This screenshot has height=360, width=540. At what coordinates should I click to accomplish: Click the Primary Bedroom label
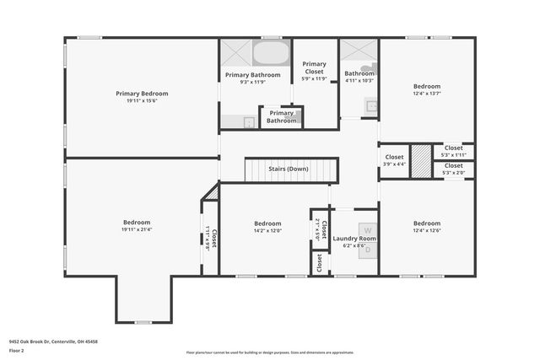coord(142,94)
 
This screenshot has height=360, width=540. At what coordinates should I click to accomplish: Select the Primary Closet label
coord(314,67)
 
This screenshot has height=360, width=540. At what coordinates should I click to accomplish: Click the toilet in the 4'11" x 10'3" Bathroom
coord(368,71)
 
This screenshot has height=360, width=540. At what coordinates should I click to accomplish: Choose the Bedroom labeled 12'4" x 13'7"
coord(426,87)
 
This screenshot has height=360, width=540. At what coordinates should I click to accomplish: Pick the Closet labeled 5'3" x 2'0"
coord(453,166)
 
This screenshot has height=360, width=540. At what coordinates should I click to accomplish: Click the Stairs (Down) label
coord(289,169)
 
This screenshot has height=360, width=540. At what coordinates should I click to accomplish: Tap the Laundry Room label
coord(354,239)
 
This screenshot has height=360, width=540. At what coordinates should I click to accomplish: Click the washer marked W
coord(366,229)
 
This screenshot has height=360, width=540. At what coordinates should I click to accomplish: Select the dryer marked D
coord(366,249)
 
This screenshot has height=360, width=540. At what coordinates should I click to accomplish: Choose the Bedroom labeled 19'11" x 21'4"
coord(136,223)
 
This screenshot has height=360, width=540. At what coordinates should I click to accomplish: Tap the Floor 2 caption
coord(16,350)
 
